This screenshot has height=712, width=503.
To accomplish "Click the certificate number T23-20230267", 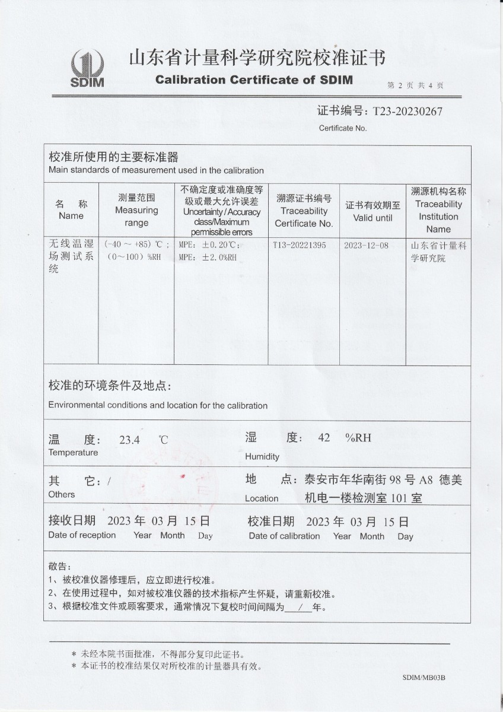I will tap(407, 111).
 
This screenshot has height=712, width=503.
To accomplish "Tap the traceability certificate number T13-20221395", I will tap(300, 245).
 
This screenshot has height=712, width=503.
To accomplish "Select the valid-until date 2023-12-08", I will tap(366, 245).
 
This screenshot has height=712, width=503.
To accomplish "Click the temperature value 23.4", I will tap(129, 440).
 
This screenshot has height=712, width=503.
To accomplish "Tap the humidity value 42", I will tap(324, 438).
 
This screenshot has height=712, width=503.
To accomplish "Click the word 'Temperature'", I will tap(73, 453).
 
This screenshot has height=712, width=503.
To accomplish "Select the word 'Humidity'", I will tap(262, 456).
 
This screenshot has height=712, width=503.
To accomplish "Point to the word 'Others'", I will tap(62, 494).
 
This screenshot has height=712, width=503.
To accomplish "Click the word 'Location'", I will tap(262, 498).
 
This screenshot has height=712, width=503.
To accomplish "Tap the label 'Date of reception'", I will tap(82, 535).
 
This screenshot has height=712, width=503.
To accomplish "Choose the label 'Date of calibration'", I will tap(284, 536).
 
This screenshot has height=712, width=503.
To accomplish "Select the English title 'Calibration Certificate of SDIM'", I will tap(254, 80).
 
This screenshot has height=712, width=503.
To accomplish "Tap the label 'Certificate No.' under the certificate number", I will tap(343, 128).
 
